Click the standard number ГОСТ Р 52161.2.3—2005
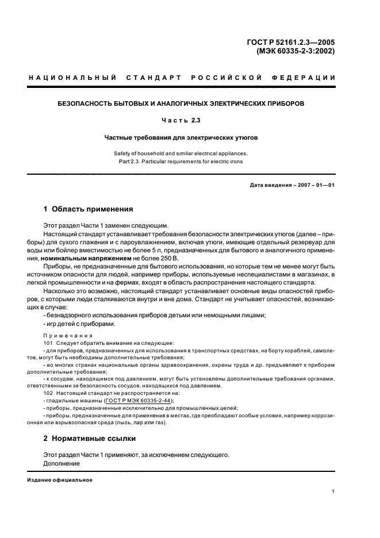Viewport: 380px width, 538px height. pyautogui.click(x=294, y=41)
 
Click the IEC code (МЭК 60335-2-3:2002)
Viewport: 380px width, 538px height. pyautogui.click(x=295, y=51)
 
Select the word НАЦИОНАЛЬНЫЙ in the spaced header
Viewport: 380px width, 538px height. pyautogui.click(x=72, y=78)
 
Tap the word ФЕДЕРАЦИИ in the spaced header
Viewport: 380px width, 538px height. pyautogui.click(x=310, y=78)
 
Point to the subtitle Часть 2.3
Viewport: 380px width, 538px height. pyautogui.click(x=181, y=121)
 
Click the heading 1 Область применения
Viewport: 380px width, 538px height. pyautogui.click(x=89, y=209)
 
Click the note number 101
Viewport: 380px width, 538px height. pyautogui.click(x=48, y=343)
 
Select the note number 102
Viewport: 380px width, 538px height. pyautogui.click(x=48, y=393)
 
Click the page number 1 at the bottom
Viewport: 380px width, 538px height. pyautogui.click(x=333, y=491)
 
